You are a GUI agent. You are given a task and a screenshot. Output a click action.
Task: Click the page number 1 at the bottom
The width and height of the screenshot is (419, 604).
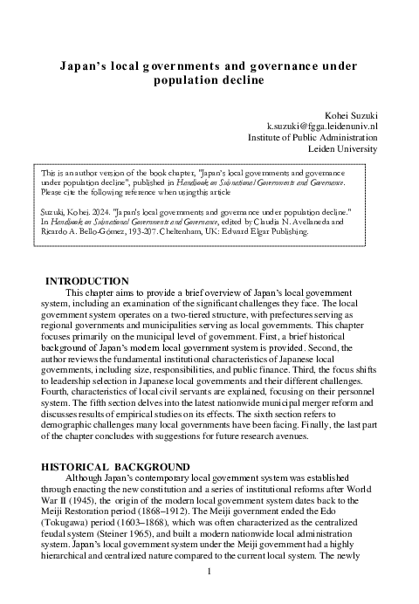coord(209,572)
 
